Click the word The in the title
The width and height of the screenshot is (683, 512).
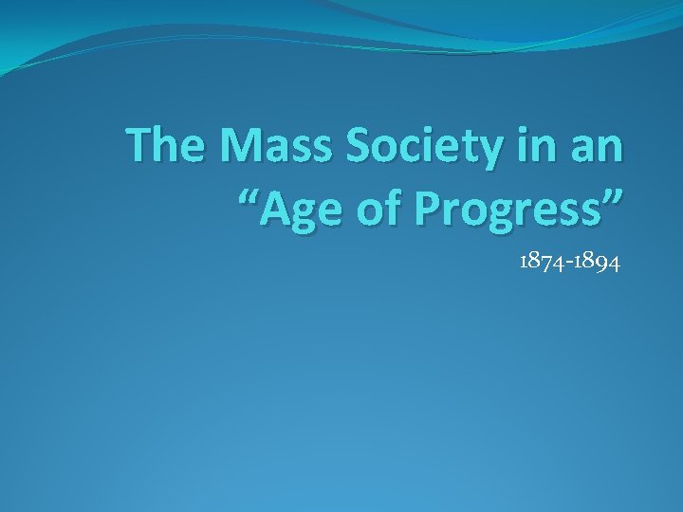(x=168, y=146)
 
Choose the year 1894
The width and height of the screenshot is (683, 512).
(x=599, y=263)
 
